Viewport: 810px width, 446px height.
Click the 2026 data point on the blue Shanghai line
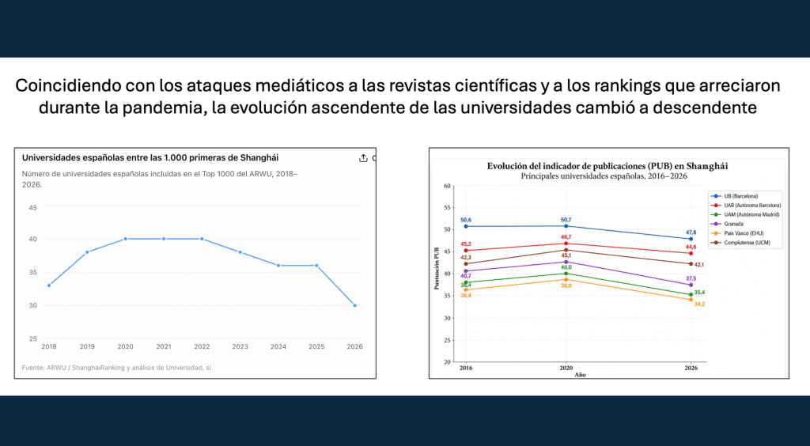click(354, 305)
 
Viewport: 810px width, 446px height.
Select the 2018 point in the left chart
click(49, 285)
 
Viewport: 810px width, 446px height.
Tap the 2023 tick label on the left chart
click(240, 347)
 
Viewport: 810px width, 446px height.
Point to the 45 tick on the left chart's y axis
click(33, 208)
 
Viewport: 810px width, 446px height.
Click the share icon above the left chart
click(363, 158)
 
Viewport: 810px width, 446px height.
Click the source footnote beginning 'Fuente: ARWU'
click(117, 368)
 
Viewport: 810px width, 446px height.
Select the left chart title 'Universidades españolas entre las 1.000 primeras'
click(150, 158)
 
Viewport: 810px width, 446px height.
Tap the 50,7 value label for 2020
click(566, 219)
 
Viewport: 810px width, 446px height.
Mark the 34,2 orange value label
click(699, 304)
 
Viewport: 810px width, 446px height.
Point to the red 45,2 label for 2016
click(466, 244)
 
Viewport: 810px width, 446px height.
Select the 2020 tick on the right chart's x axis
click(566, 368)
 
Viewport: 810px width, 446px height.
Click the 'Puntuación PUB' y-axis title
click(437, 268)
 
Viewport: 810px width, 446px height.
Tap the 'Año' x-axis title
click(580, 375)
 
